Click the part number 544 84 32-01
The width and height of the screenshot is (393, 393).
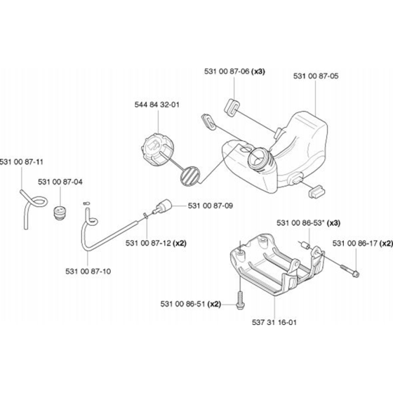pos(157,105)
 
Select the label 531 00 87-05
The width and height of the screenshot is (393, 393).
pos(316,76)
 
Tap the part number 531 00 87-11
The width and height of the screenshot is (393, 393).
pos(22,161)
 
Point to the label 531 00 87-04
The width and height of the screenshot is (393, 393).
pos(60,182)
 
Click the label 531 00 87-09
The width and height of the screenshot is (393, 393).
pos(211,206)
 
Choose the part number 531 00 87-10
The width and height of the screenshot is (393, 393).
pos(88,271)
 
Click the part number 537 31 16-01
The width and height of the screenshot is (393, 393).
pos(274,322)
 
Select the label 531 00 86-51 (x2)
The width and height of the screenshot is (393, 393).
pos(191,304)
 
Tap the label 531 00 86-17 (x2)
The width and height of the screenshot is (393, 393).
pos(363,244)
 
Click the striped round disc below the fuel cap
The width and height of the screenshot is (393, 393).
pos(189,175)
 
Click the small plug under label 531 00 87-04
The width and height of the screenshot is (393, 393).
pos(59,213)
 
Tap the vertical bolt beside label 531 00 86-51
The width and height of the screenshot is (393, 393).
pos(240,300)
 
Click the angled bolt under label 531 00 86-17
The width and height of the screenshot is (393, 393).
pos(350,271)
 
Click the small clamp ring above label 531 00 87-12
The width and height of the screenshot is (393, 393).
pos(146,215)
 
